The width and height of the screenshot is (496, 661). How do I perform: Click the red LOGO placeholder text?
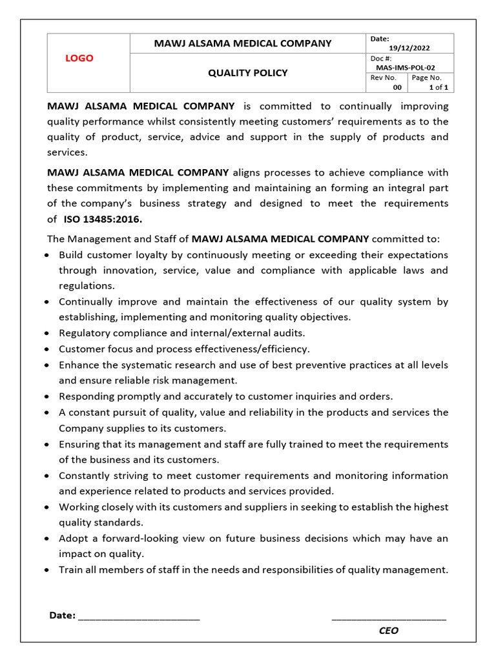tap(79, 58)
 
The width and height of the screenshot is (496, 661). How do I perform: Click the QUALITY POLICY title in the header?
tap(247, 73)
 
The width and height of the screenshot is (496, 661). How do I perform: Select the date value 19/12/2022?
tap(409, 48)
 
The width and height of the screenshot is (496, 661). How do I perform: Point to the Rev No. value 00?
tap(397, 87)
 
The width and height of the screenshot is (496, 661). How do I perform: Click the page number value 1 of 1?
tap(439, 87)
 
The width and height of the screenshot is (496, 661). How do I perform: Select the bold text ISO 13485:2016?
tap(103, 219)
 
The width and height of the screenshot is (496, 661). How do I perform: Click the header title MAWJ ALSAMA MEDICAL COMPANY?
tap(242, 43)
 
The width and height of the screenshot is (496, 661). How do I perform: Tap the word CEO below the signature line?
tap(389, 631)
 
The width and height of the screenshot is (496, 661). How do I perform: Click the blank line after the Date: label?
tap(139, 616)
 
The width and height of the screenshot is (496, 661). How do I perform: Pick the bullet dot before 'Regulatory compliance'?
tap(50, 334)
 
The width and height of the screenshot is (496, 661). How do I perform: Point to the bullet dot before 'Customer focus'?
tap(50, 349)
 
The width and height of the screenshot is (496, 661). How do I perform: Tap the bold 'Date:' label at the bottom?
tap(62, 615)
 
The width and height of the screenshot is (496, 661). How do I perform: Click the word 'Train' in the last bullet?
tap(72, 570)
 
